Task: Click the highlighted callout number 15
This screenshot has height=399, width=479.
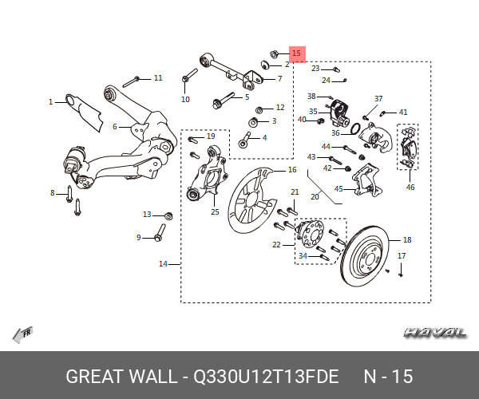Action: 297,53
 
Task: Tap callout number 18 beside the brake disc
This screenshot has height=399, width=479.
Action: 406,239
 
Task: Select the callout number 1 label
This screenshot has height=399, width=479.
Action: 50,102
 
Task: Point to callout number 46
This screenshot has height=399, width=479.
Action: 410,188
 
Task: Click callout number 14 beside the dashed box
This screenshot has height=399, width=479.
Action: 164,263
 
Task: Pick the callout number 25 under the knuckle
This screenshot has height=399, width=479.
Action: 215,211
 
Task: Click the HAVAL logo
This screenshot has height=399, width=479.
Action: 435,332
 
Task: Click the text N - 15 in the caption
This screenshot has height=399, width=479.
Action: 388,377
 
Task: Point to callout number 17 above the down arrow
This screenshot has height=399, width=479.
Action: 402,255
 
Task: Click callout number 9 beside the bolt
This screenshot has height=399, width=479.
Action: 138,237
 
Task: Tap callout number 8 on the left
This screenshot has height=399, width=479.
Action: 53,192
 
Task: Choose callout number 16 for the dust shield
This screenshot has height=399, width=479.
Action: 292,170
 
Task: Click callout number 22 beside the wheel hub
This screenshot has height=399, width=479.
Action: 277,245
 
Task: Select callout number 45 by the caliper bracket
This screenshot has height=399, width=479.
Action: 338,189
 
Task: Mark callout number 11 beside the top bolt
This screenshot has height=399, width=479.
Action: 158,77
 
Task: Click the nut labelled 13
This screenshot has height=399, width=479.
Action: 168,215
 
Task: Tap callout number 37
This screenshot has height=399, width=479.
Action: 378,98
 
